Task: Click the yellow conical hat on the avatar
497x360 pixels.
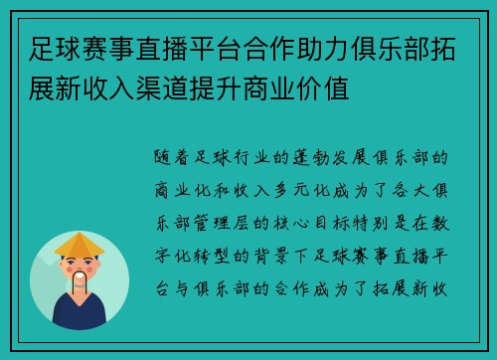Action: pyautogui.click(x=80, y=244)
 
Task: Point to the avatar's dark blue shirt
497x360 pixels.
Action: pyautogui.click(x=80, y=313)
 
